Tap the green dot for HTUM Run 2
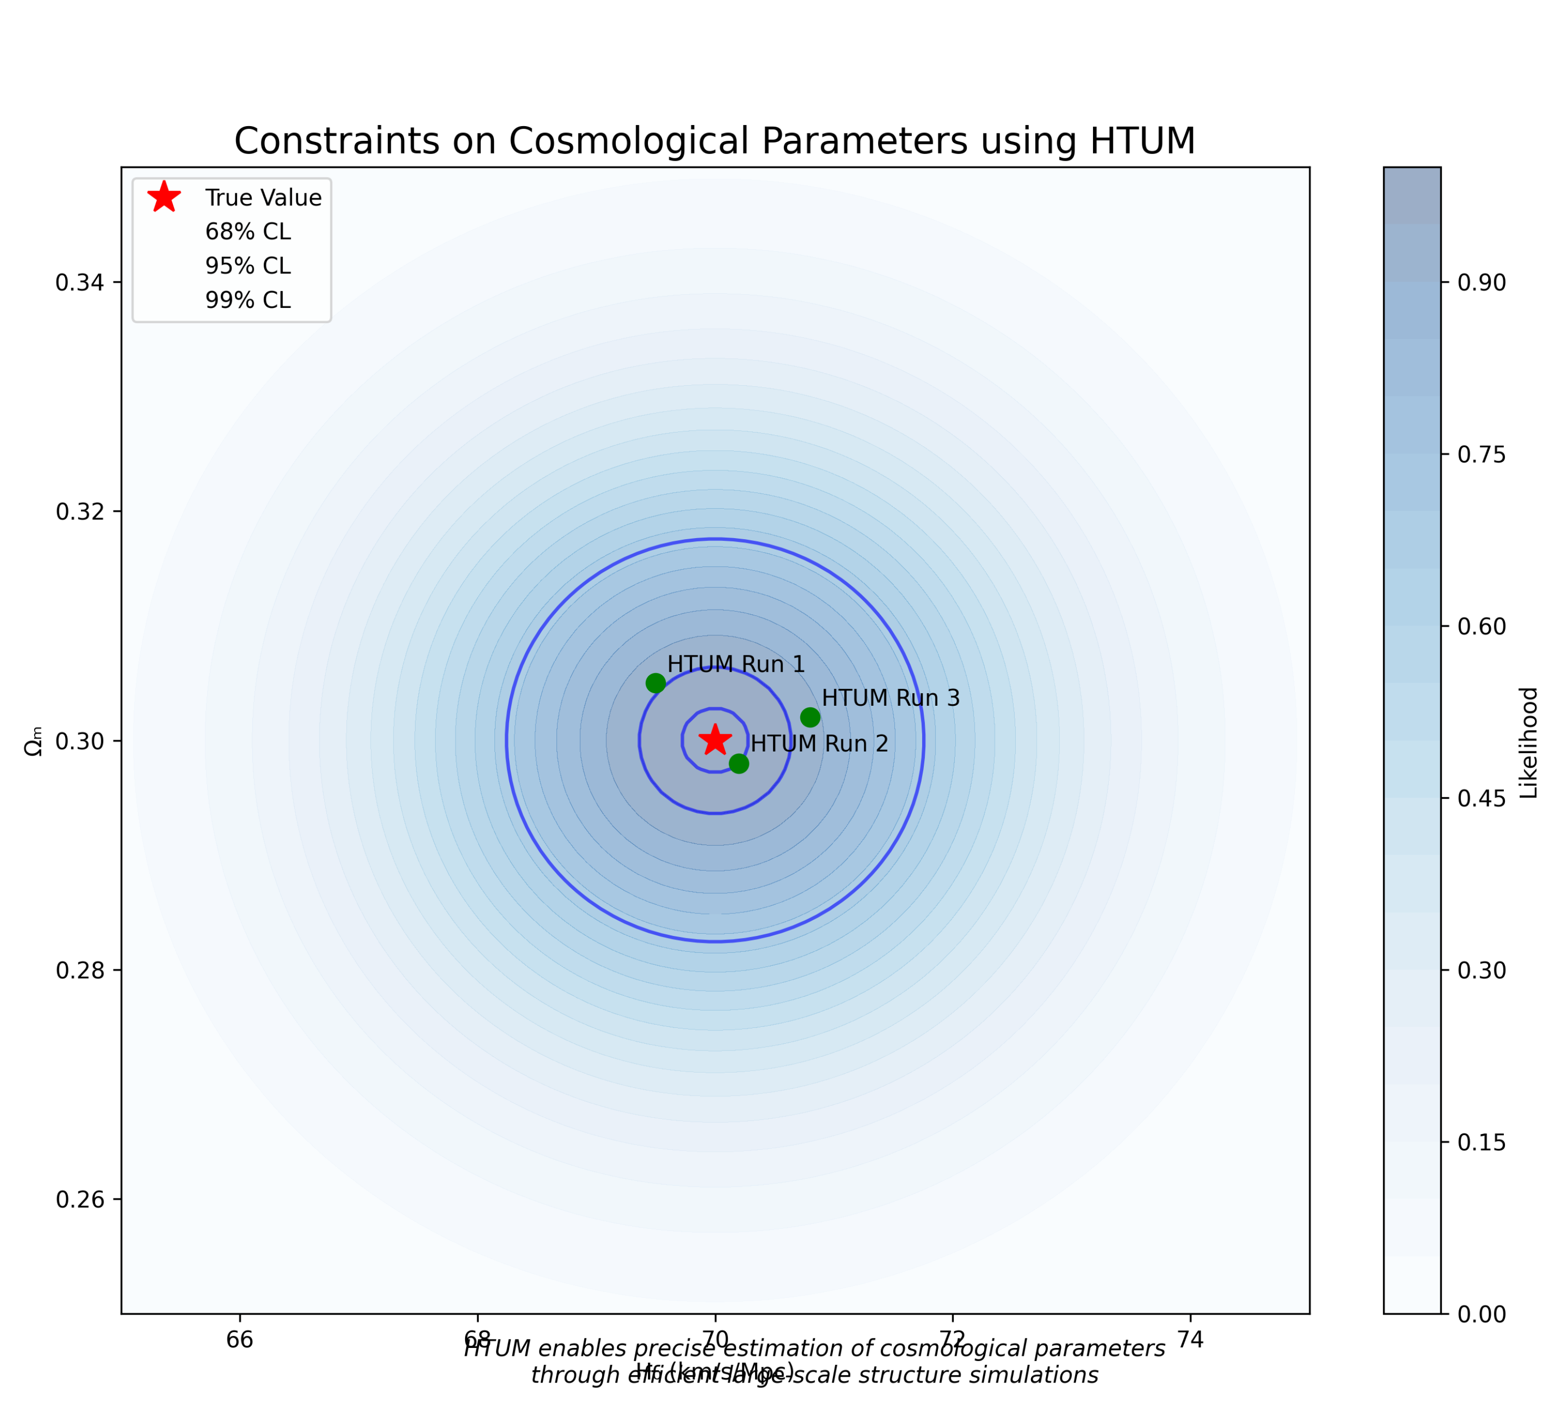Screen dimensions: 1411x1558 (x=739, y=764)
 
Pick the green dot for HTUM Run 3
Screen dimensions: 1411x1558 (x=810, y=717)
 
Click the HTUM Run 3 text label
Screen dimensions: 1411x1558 (x=890, y=698)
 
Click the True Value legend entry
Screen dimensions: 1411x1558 (x=263, y=198)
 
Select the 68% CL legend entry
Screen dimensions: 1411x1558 (x=247, y=232)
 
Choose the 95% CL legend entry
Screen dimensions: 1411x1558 (x=247, y=266)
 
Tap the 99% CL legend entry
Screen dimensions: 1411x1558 (x=247, y=300)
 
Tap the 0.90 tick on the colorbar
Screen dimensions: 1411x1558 (x=1481, y=283)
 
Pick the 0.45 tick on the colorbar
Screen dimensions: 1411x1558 (x=1481, y=798)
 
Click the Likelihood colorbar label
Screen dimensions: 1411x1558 (x=1529, y=743)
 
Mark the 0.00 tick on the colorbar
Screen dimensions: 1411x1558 (x=1481, y=1314)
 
